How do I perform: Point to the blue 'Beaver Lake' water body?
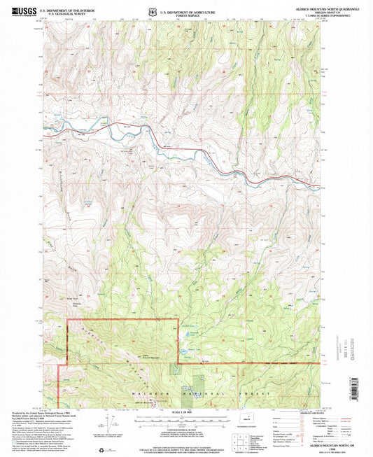coord(185,349)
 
